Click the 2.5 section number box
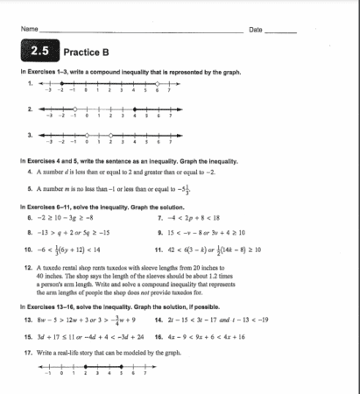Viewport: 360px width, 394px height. tap(39, 53)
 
